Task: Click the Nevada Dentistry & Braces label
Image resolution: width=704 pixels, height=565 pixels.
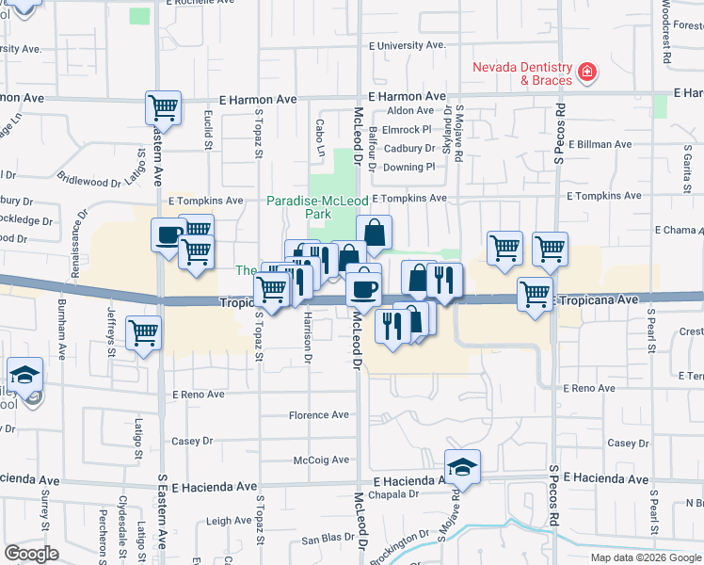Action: coord(521,74)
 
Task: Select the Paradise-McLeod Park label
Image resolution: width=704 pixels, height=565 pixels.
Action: coord(299,207)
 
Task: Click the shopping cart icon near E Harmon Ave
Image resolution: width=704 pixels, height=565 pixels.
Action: coord(163,107)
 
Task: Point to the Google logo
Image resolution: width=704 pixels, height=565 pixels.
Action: coord(31,554)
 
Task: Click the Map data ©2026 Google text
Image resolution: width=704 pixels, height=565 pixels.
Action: coord(645,557)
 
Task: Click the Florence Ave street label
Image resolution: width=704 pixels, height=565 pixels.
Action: coord(319,415)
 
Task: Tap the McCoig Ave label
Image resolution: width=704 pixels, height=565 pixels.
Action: coord(322,460)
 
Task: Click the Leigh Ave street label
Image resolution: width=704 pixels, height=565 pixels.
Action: coord(229,521)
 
